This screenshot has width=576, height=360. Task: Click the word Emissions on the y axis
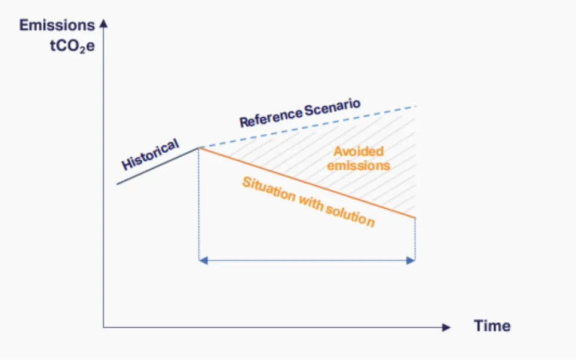point(57,25)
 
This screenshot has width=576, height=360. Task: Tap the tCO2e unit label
point(72,46)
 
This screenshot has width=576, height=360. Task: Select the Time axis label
point(492,326)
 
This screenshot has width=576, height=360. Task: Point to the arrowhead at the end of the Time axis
point(446,327)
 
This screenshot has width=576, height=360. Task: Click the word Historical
point(150,154)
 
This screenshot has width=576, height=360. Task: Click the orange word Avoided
point(359,151)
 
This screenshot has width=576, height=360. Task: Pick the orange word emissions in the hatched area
point(359,166)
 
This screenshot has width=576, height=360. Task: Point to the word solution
point(350,215)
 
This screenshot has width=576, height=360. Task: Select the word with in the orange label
point(311,203)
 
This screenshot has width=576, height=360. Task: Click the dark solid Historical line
point(158,166)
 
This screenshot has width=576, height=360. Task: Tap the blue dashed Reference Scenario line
point(308,127)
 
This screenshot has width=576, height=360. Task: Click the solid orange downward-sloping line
point(307,183)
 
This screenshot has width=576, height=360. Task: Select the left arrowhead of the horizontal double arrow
point(203,261)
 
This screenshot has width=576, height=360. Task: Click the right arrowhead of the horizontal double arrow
point(410,261)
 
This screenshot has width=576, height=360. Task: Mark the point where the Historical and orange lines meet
point(199,148)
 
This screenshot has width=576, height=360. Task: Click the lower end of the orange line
point(415,218)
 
